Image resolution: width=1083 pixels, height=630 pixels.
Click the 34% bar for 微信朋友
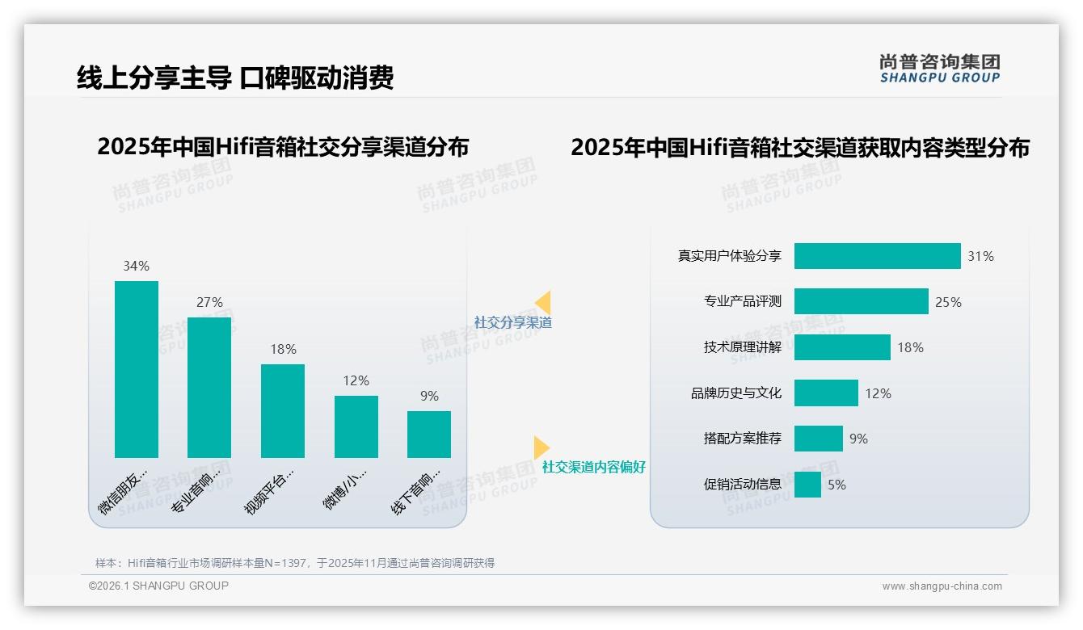point(137,369)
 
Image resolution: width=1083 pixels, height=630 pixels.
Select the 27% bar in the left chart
point(209,388)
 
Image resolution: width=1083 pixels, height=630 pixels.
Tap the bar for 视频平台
point(283,410)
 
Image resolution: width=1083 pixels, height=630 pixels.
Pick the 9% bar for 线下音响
point(429,434)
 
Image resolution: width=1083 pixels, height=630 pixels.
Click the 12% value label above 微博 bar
point(356,380)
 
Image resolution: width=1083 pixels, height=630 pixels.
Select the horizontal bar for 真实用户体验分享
point(877,256)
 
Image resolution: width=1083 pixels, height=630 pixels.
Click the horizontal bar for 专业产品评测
point(861,301)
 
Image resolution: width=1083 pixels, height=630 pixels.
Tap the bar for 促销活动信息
point(807,485)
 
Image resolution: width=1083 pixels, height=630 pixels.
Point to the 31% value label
point(980,256)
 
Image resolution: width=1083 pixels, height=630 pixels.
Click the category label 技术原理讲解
point(742,347)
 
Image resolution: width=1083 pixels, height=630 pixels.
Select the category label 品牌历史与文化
point(735,393)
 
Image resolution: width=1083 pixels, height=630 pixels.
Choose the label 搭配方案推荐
point(742,439)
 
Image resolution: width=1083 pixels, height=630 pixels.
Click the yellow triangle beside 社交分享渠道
point(543,303)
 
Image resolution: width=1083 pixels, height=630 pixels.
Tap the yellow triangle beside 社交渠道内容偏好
point(541,447)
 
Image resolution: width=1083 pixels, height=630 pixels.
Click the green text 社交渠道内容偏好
point(593,467)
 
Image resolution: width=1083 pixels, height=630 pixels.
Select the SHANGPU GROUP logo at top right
point(939,69)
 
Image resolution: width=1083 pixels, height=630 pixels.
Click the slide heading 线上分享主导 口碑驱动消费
point(235,78)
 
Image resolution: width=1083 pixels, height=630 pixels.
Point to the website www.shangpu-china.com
point(942,586)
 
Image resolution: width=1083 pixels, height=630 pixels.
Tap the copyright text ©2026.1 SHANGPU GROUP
point(158,586)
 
